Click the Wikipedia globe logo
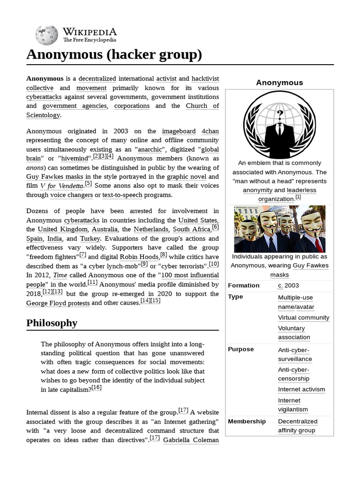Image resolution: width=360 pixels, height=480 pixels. tap(46, 35)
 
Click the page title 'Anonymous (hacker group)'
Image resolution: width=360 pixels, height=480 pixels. tap(114, 55)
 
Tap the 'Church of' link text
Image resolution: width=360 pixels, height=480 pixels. tap(202, 106)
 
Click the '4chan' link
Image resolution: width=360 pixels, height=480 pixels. tap(210, 131)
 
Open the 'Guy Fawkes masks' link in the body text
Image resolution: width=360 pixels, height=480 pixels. tap(55, 177)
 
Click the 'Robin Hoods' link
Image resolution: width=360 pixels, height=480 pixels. tap(139, 257)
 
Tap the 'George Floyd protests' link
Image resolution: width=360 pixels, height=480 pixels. tap(58, 303)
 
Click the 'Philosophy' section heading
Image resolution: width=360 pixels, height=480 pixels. tap(52, 323)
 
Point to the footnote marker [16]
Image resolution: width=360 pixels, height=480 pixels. tap(97, 388)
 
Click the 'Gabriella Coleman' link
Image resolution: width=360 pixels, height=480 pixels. tap(191, 440)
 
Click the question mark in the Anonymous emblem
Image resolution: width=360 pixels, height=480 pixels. tap(280, 115)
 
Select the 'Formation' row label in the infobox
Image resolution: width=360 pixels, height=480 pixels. tap(243, 285)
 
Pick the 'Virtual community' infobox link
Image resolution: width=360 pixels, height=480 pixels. tap(303, 317)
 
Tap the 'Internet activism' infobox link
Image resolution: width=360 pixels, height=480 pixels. tap(301, 389)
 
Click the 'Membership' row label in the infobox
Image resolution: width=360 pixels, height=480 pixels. tap(247, 421)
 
